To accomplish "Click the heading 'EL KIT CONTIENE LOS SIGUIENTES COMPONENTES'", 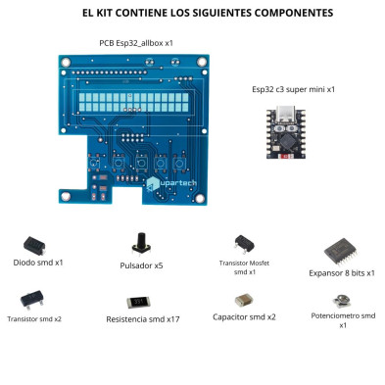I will click(x=192, y=14).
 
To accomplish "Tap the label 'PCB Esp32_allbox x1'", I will click(x=136, y=44).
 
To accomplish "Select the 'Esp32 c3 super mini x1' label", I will click(x=293, y=89).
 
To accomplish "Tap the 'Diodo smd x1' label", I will click(x=38, y=264).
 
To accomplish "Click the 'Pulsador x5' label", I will click(x=141, y=265).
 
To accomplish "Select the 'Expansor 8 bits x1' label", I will click(x=342, y=273).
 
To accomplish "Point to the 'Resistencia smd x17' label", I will click(x=142, y=319).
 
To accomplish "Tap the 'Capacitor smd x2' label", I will click(x=244, y=316).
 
